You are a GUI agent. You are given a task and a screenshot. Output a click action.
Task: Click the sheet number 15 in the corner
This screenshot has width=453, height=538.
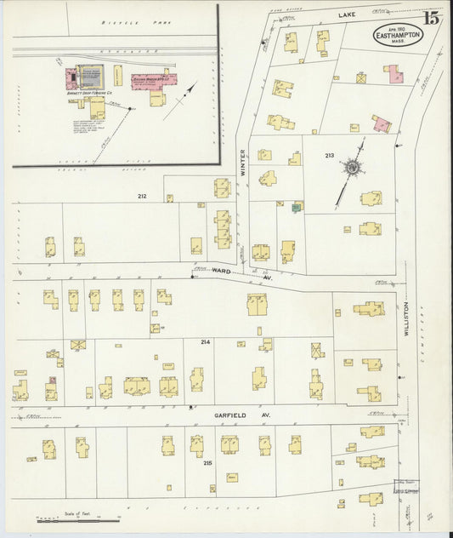pyautogui.click(x=433, y=18)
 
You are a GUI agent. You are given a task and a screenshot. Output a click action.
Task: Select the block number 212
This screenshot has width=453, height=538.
pyautogui.click(x=142, y=197)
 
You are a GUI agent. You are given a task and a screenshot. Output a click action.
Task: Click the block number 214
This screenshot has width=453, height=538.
pyautogui.click(x=205, y=341)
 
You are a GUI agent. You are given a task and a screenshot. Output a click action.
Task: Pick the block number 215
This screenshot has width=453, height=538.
pyautogui.click(x=207, y=463)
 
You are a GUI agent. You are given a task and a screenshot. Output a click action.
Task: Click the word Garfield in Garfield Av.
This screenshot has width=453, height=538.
pyautogui.click(x=229, y=415)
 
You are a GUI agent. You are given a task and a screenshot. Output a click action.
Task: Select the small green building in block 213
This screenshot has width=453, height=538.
pyautogui.click(x=296, y=207)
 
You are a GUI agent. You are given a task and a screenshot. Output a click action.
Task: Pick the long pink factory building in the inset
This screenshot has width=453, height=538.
pyautogui.click(x=153, y=81)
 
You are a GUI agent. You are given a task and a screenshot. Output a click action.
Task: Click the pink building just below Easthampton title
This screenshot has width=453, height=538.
pyautogui.click(x=394, y=74)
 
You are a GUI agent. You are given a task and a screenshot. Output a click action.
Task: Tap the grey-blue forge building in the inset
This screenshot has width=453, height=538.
pyautogui.click(x=91, y=76)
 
